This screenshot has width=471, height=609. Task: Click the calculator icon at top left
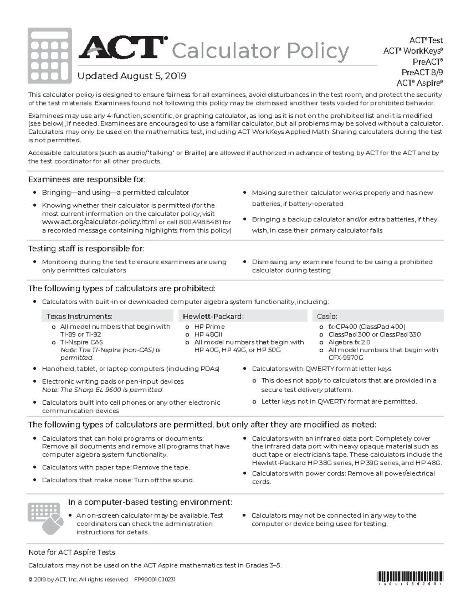(49, 56)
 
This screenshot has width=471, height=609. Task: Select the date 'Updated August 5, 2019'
(132, 76)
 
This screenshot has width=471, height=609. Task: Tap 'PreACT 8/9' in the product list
(422, 73)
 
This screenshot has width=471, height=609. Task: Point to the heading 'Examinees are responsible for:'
(87, 180)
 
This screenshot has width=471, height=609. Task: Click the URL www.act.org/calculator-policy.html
(99, 222)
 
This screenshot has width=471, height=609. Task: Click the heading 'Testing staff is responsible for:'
(86, 249)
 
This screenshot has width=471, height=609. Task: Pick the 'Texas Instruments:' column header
(79, 316)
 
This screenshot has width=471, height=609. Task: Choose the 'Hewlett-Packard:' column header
(213, 316)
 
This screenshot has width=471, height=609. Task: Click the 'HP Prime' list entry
(210, 327)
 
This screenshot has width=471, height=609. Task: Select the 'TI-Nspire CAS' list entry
(82, 342)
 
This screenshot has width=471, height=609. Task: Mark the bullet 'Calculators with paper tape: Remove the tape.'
(116, 467)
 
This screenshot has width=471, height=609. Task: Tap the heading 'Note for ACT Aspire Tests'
(72, 553)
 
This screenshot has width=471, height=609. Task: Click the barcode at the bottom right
(410, 577)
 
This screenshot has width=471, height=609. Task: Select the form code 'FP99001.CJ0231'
(155, 580)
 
